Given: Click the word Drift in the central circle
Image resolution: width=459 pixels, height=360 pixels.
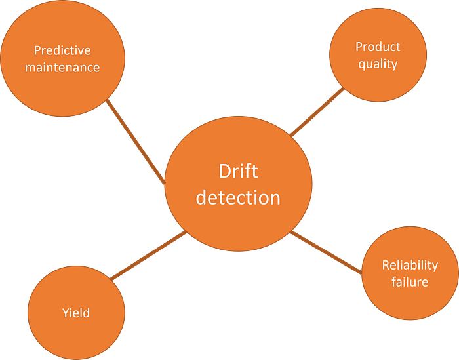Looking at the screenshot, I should pyautogui.click(x=238, y=172).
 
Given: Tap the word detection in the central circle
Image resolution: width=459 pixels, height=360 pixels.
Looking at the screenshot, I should pyautogui.click(x=238, y=197).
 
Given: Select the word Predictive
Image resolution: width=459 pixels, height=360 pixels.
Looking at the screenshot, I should pyautogui.click(x=62, y=50).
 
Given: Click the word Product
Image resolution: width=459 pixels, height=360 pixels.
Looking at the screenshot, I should pyautogui.click(x=378, y=47).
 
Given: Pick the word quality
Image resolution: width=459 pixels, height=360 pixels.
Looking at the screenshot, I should pyautogui.click(x=378, y=64).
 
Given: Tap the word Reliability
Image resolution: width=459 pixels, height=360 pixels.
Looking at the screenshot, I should pyautogui.click(x=410, y=265).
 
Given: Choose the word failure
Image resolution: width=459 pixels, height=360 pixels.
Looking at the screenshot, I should pyautogui.click(x=410, y=282).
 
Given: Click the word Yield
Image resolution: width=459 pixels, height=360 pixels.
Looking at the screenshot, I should pyautogui.click(x=76, y=313).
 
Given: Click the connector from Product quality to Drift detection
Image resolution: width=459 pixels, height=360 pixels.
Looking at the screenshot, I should pyautogui.click(x=317, y=110).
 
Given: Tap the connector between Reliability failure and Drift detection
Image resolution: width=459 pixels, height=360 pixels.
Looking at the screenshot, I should pyautogui.click(x=326, y=252).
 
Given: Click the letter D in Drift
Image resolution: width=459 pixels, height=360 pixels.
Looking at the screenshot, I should pyautogui.click(x=224, y=172).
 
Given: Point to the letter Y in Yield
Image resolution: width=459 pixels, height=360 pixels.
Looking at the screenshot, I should pyautogui.click(x=66, y=313).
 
